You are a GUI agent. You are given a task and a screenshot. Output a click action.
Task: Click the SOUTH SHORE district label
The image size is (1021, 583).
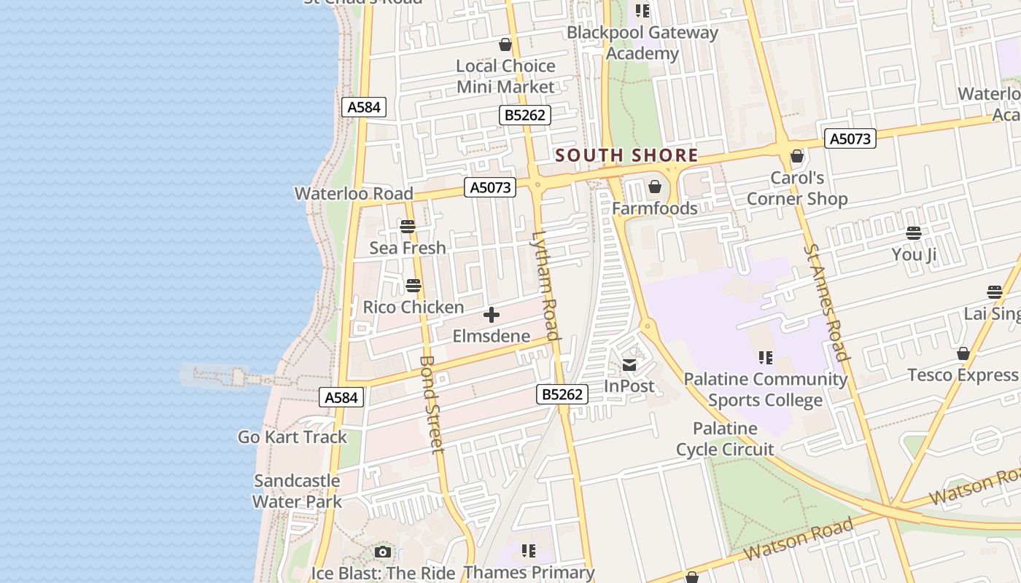pyautogui.click(x=626, y=155)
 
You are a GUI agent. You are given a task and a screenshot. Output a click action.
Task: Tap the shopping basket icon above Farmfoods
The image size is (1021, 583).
pyautogui.click(x=655, y=187)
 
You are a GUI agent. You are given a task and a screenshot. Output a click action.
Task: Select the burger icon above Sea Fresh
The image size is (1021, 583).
pyautogui.click(x=408, y=227)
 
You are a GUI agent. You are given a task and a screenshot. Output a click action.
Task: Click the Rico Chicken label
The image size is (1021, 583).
pyautogui.click(x=414, y=307)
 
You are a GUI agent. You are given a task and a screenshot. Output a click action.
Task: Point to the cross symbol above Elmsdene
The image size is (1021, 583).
pyautogui.click(x=492, y=315)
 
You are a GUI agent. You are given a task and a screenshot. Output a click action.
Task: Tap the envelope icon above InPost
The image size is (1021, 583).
pyautogui.click(x=629, y=365)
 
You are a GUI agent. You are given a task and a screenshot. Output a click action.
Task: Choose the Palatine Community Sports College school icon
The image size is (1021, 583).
pyautogui.click(x=765, y=357)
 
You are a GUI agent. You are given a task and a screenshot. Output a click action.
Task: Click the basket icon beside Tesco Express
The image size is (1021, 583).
pyautogui.click(x=963, y=353)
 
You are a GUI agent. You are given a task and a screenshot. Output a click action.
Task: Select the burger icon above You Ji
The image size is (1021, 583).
pyautogui.click(x=914, y=233)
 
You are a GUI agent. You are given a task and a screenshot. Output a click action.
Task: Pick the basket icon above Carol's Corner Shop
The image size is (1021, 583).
pyautogui.click(x=797, y=156)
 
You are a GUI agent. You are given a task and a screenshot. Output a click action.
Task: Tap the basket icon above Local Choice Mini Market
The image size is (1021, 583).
pyautogui.click(x=505, y=44)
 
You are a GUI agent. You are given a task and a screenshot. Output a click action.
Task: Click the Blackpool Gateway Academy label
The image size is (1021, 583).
pyautogui.click(x=643, y=43)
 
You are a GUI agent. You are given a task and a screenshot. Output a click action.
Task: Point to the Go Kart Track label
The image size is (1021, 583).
pyautogui.click(x=292, y=437)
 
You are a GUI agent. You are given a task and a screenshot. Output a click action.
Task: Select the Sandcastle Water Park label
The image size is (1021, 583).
pyautogui.click(x=297, y=491)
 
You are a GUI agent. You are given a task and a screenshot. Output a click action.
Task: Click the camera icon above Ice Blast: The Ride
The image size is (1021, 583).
pyautogui.click(x=383, y=552)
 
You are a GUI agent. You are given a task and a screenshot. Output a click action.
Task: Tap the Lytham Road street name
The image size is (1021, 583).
pyautogui.click(x=546, y=286)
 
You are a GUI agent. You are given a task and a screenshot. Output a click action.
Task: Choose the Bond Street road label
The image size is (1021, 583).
pyautogui.click(x=432, y=404)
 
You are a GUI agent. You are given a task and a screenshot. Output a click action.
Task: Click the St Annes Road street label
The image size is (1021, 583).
pyautogui.click(x=826, y=302)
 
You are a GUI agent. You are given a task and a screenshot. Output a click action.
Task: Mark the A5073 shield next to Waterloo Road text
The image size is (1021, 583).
pyautogui.click(x=490, y=187)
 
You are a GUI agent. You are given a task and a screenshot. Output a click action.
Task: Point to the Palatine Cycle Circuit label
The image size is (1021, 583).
pyautogui.click(x=725, y=439)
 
